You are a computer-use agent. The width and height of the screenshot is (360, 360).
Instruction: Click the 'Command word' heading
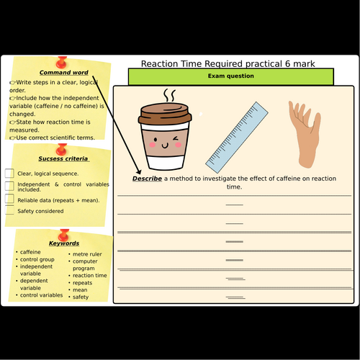(x=64, y=73)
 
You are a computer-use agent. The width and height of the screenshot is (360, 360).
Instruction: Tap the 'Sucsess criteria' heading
(x=63, y=158)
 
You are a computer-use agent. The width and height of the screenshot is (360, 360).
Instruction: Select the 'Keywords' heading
(x=64, y=243)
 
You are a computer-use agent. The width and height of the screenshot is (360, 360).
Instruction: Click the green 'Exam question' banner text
(x=231, y=76)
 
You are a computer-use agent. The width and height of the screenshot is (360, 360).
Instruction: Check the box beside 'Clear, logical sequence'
(x=9, y=174)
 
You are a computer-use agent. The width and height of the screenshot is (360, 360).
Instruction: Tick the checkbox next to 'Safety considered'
(x=9, y=210)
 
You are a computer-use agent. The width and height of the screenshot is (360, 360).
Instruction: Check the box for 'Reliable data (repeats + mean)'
(x=9, y=199)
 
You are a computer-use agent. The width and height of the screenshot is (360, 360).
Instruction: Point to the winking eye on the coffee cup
(x=176, y=139)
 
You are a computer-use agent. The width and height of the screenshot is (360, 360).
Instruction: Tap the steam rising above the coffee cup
(x=169, y=95)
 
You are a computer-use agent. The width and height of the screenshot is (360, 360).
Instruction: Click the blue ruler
(x=237, y=138)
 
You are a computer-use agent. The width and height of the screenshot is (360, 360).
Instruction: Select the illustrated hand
(x=305, y=135)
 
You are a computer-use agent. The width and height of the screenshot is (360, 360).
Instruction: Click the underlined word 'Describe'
(x=147, y=179)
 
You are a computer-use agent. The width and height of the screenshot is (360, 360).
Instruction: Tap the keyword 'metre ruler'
(x=87, y=254)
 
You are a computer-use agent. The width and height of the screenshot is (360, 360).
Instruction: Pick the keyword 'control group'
(x=37, y=260)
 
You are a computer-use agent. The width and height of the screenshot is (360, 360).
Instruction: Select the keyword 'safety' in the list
(x=81, y=297)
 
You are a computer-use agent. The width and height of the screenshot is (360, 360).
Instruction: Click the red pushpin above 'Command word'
(x=61, y=63)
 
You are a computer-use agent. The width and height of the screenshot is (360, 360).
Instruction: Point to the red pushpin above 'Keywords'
(x=63, y=235)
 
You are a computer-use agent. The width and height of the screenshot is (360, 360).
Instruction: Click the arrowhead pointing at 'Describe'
(x=139, y=171)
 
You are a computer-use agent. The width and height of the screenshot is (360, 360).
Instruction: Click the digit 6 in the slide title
(x=287, y=64)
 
